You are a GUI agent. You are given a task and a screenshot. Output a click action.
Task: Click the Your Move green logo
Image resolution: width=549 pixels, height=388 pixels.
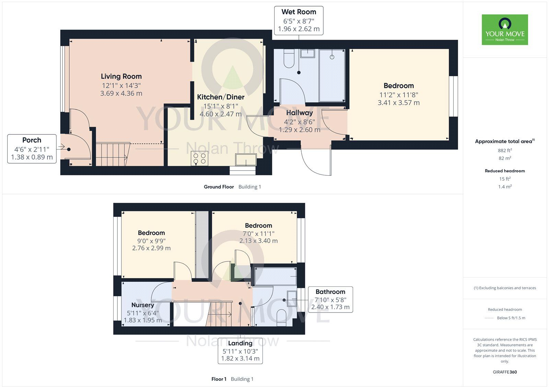tap(505, 30)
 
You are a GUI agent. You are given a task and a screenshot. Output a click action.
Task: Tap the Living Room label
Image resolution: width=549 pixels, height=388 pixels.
tap(121, 76)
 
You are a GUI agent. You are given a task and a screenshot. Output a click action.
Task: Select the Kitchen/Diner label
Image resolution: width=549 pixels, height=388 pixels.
tap(221, 97)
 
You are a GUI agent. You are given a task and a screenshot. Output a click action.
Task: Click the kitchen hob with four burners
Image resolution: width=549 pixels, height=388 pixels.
tap(199, 158)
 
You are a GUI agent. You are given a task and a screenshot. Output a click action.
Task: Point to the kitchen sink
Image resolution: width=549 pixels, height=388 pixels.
tap(246, 160)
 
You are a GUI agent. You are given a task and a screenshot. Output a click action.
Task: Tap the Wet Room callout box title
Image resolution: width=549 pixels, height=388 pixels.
tap(299, 12)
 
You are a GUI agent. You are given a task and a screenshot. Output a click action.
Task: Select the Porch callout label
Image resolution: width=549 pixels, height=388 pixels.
tap(32, 140)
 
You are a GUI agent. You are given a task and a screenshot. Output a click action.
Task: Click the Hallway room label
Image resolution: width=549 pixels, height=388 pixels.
tap(300, 113)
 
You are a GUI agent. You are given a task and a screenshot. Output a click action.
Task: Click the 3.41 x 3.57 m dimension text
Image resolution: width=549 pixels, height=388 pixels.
tap(398, 103)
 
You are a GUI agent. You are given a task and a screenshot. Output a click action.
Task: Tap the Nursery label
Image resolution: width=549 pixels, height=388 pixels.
tap(143, 305)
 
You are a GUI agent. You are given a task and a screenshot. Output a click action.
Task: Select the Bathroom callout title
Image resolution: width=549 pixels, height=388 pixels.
tap(330, 292)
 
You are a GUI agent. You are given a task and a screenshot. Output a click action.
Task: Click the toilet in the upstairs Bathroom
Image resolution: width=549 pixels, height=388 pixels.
tap(281, 318)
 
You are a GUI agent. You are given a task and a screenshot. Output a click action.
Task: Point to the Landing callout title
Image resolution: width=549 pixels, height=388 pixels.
tap(240, 343)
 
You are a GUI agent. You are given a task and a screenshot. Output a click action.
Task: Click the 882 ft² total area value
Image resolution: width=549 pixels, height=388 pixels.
tap(505, 150)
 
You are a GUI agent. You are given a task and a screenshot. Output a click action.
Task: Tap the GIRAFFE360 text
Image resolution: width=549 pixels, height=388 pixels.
tap(505, 372)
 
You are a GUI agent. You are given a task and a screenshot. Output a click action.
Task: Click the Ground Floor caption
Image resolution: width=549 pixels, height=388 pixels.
tap(219, 187)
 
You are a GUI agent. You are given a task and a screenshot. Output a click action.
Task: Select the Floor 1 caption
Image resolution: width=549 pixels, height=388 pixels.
tap(219, 379)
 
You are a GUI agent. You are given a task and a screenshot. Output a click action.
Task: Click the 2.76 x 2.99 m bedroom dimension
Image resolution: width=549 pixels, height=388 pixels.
tap(151, 248)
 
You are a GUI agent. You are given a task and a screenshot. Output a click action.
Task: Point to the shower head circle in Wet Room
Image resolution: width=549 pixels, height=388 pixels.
tap(332, 57)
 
